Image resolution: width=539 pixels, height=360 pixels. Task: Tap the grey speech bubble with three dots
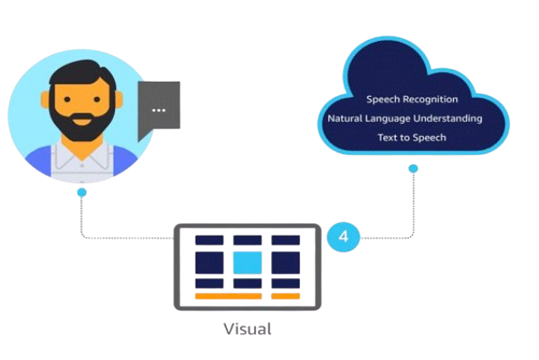159,109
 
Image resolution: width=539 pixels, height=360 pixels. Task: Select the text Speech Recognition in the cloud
413,99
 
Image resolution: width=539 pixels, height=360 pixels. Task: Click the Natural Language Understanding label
405,118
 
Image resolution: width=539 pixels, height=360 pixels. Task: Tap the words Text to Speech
412,138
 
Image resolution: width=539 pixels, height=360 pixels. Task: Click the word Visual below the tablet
247,328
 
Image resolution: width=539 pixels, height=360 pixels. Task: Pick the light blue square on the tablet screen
247,262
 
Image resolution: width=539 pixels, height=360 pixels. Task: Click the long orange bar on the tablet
229,295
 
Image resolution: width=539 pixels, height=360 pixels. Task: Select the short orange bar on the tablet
286,295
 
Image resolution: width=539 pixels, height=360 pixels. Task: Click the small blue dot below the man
82,191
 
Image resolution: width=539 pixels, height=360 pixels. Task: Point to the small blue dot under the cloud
413,167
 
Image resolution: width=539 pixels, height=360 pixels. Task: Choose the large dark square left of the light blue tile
209,262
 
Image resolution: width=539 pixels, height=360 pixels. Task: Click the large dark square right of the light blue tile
286,262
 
